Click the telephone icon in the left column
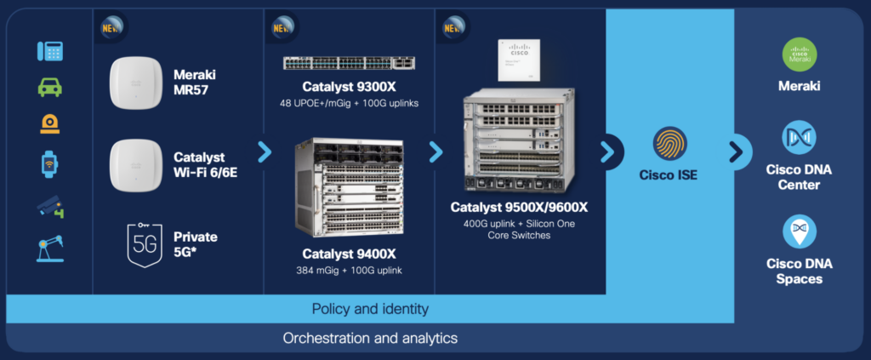click(x=50, y=50)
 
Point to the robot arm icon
click(x=50, y=247)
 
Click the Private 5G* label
click(x=195, y=243)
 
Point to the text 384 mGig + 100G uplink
click(x=349, y=271)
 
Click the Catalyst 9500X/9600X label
click(x=520, y=207)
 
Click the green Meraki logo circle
click(x=799, y=54)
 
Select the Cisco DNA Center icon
click(x=799, y=137)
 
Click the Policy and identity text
click(x=370, y=308)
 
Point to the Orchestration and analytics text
click(x=370, y=338)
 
